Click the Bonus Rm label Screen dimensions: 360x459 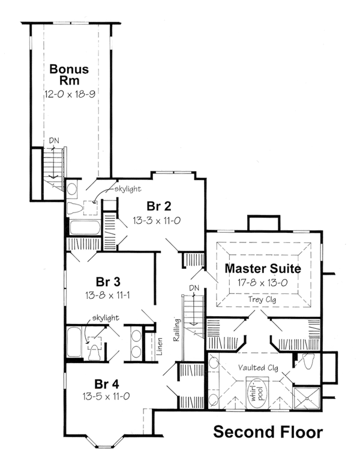(69, 74)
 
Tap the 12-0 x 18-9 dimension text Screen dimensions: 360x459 (70, 94)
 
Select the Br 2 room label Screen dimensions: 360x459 (159, 206)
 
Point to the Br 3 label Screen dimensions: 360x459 (108, 282)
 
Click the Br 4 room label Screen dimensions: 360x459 (107, 384)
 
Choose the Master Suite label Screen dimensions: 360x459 (263, 268)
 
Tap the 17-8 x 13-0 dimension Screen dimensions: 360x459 (263, 283)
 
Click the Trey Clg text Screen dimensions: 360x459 (262, 299)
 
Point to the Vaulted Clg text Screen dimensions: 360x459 (258, 368)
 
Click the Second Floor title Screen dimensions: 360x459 (268, 432)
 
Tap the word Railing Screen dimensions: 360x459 (176, 329)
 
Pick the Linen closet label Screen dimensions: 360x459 (160, 346)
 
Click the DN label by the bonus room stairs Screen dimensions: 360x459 (54, 140)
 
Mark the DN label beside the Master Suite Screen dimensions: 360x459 (194, 288)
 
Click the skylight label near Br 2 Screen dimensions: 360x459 (128, 189)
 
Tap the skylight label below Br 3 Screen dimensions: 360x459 (106, 317)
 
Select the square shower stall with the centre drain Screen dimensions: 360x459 (307, 398)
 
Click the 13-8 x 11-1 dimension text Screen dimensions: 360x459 (108, 295)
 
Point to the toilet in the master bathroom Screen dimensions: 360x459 (308, 361)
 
